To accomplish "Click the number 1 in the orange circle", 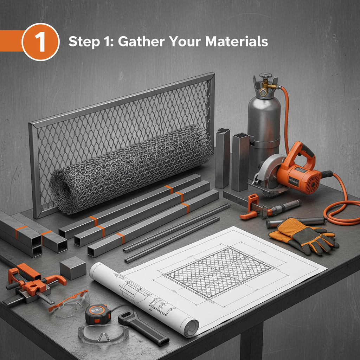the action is point(40,42).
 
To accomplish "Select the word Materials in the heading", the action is point(237,41).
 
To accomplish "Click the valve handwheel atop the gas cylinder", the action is point(266,76).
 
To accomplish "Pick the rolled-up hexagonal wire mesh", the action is point(131,168).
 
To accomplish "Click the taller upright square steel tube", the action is point(223,158).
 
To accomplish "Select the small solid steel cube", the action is point(73,268).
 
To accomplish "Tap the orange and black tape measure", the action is point(98,314).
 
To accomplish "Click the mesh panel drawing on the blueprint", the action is point(219,272).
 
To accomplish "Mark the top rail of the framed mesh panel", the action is point(122,100).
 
